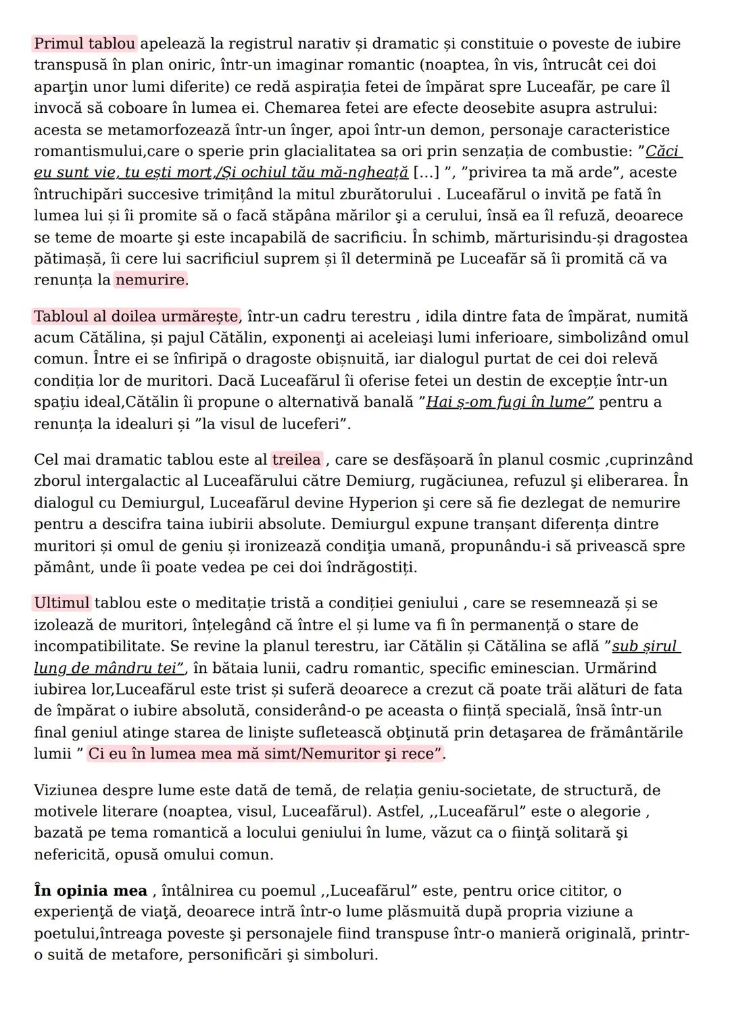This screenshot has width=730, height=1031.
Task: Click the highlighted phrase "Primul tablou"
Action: point(84,44)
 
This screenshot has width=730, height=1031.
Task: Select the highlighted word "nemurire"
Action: point(150,280)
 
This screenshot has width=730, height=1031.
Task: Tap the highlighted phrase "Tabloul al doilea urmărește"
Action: point(136,316)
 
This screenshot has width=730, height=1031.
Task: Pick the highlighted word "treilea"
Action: point(296,460)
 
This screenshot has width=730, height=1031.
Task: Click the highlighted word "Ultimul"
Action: point(62,603)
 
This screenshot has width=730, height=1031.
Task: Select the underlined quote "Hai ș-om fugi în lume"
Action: point(509,403)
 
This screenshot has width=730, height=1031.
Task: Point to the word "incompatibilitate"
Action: point(97,647)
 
